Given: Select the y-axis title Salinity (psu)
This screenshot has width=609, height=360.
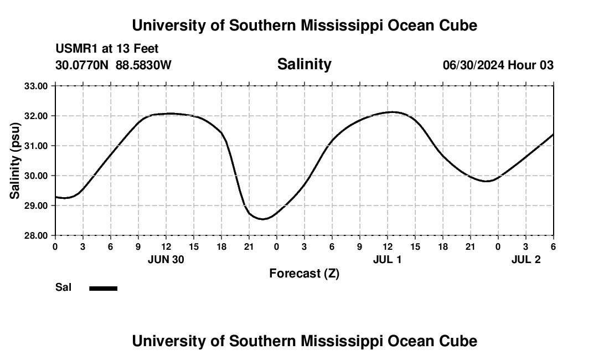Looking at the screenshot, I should tap(15, 161).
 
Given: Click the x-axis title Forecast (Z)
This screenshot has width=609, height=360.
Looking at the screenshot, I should tap(304, 273).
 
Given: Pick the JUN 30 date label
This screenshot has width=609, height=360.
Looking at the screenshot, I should tap(166, 259).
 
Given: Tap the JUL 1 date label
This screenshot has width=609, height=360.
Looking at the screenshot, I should tap(387, 259).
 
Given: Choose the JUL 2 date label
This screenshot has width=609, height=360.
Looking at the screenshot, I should tap(525, 259).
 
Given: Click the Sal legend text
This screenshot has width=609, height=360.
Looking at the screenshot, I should tap(64, 287).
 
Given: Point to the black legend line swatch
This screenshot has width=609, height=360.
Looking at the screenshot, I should tap(103, 288).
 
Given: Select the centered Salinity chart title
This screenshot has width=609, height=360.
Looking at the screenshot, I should tap(304, 64).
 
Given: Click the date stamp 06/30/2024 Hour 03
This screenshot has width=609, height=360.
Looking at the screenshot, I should tap(498, 65).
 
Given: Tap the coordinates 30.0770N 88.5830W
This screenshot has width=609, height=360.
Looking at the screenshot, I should tap(113, 65).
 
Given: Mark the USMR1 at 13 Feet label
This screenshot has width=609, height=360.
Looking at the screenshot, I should tap(107, 49).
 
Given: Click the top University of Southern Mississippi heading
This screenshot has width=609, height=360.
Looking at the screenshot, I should tap(304, 25).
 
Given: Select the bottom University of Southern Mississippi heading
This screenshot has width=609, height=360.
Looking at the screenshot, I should tap(304, 341).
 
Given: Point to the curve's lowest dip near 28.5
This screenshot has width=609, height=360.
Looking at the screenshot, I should tap(264, 219).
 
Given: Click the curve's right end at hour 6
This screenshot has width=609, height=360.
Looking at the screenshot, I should tap(553, 135).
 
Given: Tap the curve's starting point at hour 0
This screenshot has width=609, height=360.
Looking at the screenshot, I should tap(56, 197).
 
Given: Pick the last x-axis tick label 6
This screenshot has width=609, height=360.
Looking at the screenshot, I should tap(553, 246).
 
